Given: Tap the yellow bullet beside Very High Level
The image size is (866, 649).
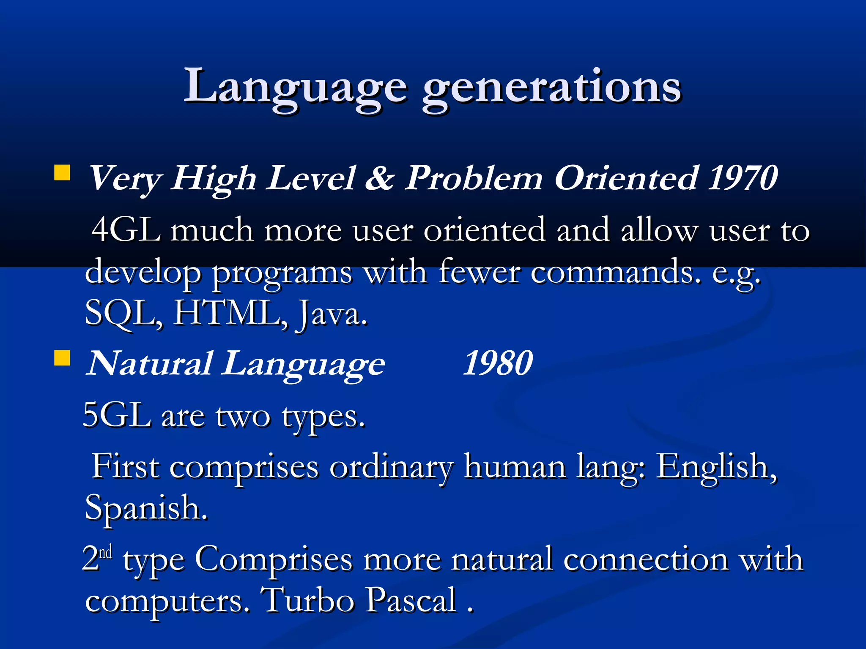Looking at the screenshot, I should point(62,173).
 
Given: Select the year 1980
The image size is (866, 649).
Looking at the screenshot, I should point(498,363).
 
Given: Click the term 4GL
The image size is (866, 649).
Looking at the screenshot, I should point(126,230).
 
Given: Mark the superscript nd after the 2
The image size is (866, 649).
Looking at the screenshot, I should point(106,552).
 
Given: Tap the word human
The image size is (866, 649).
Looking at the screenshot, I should point(515,467).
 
